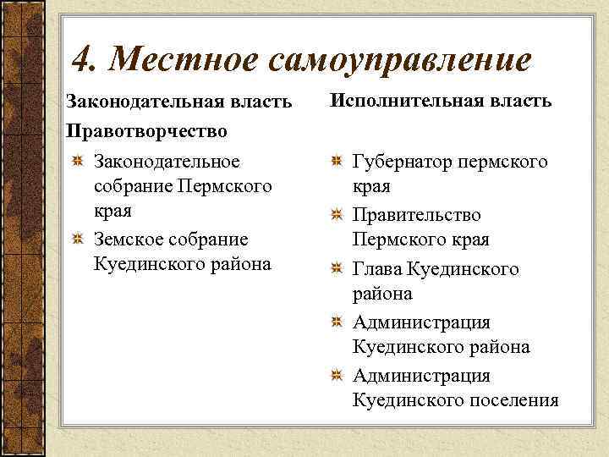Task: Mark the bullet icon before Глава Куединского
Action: click(336, 269)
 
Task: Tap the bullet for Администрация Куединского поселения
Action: click(336, 376)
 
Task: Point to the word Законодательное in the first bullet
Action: click(167, 161)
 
